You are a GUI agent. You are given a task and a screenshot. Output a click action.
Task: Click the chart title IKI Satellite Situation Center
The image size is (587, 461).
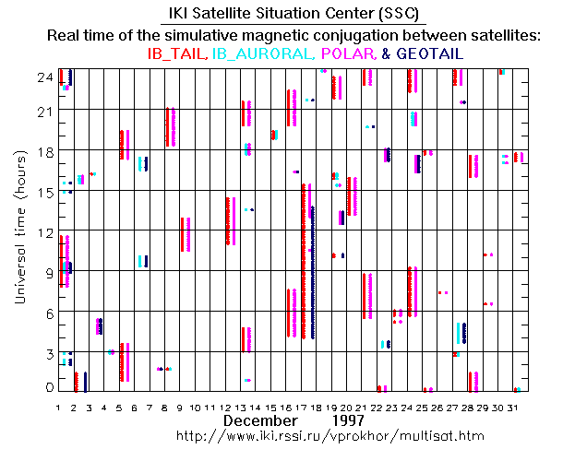(x=293, y=14)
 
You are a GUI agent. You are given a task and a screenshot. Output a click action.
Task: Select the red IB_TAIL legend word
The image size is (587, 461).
(x=178, y=54)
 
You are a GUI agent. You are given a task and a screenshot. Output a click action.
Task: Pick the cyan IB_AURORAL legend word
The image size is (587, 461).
(x=256, y=54)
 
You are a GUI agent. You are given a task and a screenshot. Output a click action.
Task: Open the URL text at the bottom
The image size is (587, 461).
(x=329, y=434)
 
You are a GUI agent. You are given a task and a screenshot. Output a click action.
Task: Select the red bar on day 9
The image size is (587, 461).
(x=183, y=235)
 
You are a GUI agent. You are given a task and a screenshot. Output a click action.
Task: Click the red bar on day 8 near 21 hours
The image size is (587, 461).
(x=167, y=127)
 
